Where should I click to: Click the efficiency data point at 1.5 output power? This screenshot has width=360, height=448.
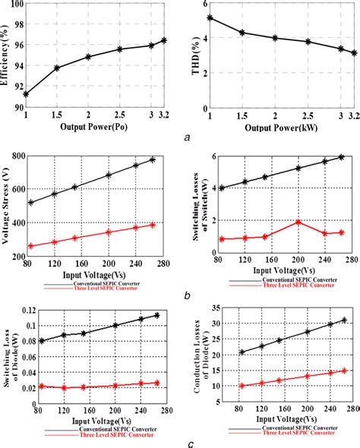57,68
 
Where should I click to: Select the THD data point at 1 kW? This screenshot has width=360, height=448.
210,17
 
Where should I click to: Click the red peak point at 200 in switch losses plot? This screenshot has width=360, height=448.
298,222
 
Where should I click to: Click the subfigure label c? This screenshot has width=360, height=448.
176,443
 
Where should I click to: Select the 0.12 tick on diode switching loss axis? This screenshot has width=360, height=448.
24,311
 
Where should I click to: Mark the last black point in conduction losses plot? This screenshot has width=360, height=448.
344,320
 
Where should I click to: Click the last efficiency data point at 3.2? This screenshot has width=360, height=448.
164,40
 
